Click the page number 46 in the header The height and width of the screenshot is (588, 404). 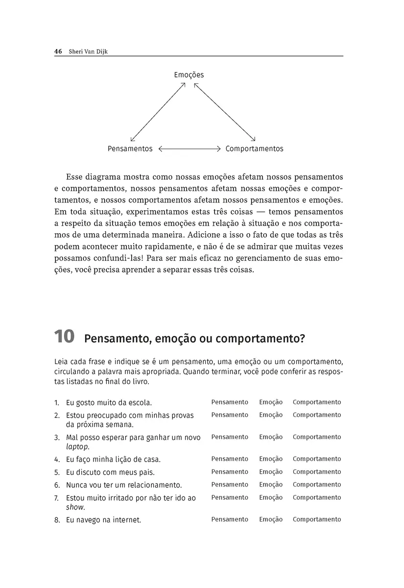(57, 51)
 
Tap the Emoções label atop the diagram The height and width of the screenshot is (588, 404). (189, 75)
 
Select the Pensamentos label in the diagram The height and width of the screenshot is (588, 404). (130, 148)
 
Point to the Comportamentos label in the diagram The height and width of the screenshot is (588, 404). (254, 148)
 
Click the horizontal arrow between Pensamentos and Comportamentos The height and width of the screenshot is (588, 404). (190, 148)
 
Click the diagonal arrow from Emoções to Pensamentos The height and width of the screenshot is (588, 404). (158, 112)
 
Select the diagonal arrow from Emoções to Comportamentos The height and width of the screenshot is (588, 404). (225, 112)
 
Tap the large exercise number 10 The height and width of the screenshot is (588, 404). (64, 337)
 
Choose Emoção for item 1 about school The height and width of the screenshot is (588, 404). (271, 402)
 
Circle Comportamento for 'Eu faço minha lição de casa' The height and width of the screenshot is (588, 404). (316, 459)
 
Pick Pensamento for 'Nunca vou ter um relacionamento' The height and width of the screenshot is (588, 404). (230, 485)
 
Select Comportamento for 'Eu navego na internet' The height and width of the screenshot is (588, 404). (316, 519)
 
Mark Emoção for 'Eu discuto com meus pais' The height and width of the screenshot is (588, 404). (271, 472)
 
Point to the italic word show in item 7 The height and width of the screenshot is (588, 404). (75, 507)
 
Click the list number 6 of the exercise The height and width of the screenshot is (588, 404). (57, 485)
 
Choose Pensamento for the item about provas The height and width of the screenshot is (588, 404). (230, 415)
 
